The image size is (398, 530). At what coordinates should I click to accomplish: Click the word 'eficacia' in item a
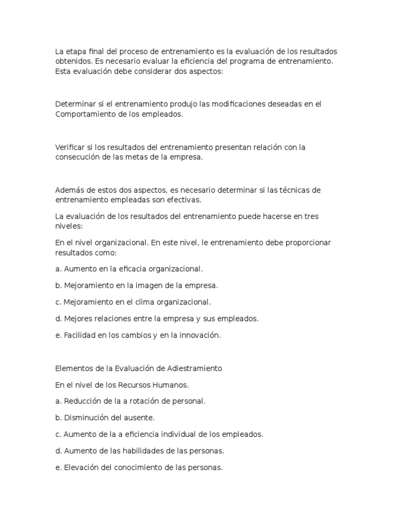click(119, 269)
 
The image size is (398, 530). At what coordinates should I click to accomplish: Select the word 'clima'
click(150, 302)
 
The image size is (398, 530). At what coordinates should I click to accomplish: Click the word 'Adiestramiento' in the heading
click(195, 369)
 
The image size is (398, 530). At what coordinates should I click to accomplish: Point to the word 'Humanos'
click(169, 385)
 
